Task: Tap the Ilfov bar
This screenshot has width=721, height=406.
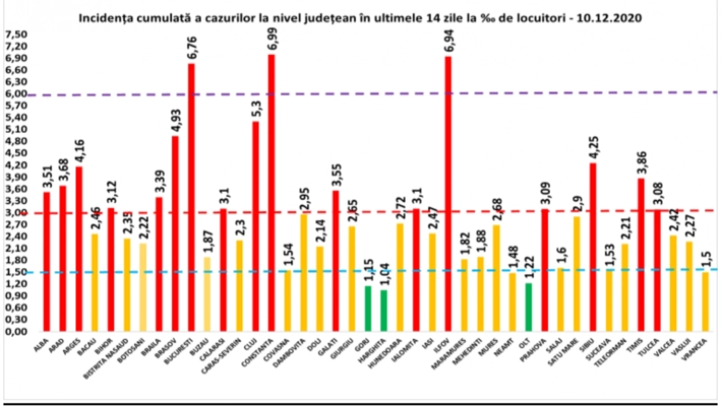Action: [448, 194]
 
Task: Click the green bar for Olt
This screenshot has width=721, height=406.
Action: [528, 307]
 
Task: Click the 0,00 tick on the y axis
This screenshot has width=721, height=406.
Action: [16, 332]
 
